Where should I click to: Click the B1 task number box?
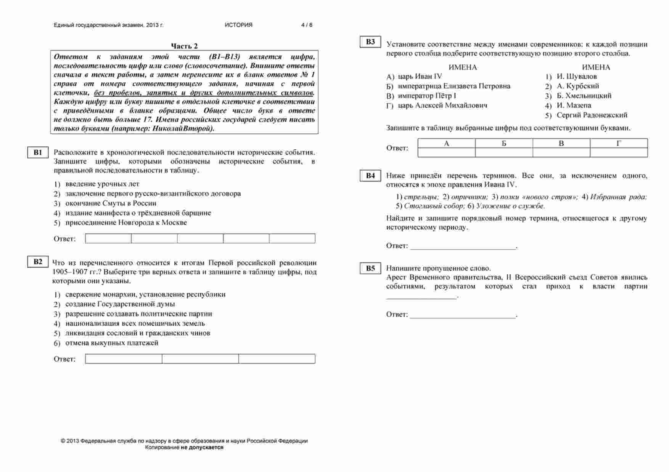[x=38, y=153]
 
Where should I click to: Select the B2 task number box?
[x=38, y=262]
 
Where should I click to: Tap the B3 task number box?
[x=370, y=42]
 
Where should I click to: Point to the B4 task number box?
[x=370, y=176]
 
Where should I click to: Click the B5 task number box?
[x=370, y=268]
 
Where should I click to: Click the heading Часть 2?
[x=184, y=46]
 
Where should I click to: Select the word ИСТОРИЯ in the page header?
[x=238, y=25]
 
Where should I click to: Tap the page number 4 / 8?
[x=307, y=25]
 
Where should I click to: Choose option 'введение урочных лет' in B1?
[x=102, y=184]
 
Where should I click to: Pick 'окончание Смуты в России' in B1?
[x=111, y=203]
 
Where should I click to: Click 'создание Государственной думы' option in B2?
[x=120, y=304]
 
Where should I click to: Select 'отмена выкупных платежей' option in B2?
[x=112, y=343]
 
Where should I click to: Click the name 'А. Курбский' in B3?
[x=577, y=86]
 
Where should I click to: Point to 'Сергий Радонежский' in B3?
[x=592, y=115]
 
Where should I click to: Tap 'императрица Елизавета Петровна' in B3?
[x=454, y=86]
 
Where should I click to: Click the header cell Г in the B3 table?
[x=619, y=144]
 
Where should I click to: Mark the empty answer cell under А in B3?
[x=447, y=153]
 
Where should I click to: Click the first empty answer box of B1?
[x=108, y=239]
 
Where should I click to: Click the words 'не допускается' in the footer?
[x=202, y=448]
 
